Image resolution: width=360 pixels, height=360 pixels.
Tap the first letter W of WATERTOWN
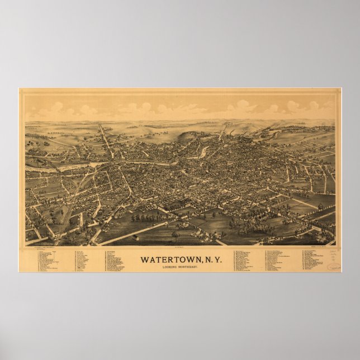pos(145,260)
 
